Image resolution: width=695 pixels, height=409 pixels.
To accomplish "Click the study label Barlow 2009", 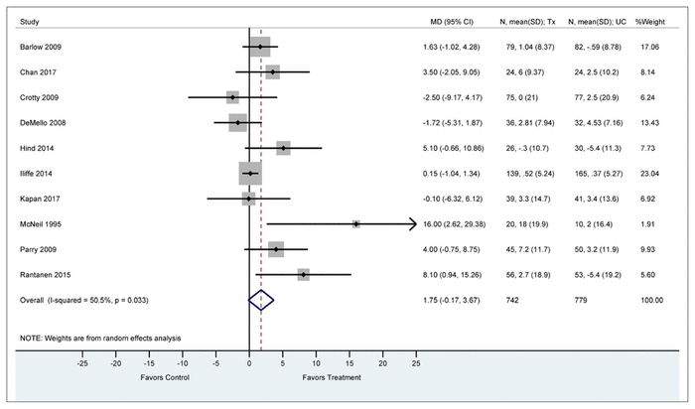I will click(x=40, y=47).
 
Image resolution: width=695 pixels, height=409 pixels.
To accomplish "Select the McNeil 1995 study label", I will click(x=40, y=224).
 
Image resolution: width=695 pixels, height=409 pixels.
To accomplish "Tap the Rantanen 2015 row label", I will click(x=43, y=274).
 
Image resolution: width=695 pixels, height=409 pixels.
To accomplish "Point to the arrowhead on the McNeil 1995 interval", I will click(x=411, y=224).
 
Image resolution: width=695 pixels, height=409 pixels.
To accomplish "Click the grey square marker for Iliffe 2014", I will click(x=250, y=174).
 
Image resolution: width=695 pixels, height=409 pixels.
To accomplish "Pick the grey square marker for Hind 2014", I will click(x=283, y=148).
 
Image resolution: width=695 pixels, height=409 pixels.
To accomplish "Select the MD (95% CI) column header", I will click(x=444, y=20).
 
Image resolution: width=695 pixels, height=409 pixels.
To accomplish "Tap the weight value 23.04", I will click(x=651, y=174).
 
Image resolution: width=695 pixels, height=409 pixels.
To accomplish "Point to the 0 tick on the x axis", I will click(x=249, y=364).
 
